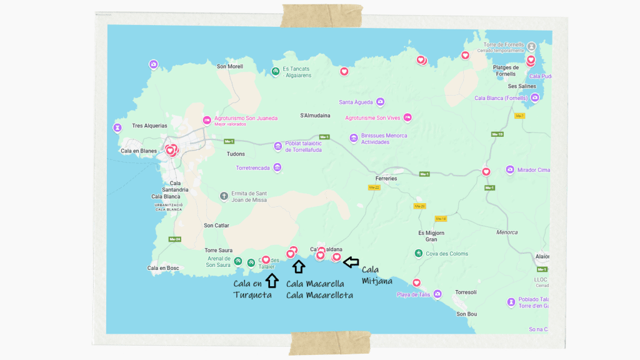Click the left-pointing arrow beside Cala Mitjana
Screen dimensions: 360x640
click(352, 261)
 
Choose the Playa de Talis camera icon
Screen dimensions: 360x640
click(437, 294)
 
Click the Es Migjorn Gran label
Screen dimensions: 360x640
click(431, 236)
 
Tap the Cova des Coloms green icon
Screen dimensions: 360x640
click(417, 253)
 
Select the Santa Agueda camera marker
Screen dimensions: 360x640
click(380, 102)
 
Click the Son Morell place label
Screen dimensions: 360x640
click(229, 67)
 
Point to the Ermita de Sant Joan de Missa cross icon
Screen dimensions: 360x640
click(224, 196)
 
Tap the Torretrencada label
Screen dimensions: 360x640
click(252, 168)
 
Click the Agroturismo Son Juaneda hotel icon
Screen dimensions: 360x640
click(207, 120)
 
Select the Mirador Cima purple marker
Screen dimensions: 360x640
click(511, 169)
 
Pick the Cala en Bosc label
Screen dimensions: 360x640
click(163, 268)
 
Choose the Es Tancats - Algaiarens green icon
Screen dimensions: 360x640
click(275, 72)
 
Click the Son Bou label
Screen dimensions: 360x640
click(466, 314)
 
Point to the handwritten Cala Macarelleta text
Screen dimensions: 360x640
click(319, 295)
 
